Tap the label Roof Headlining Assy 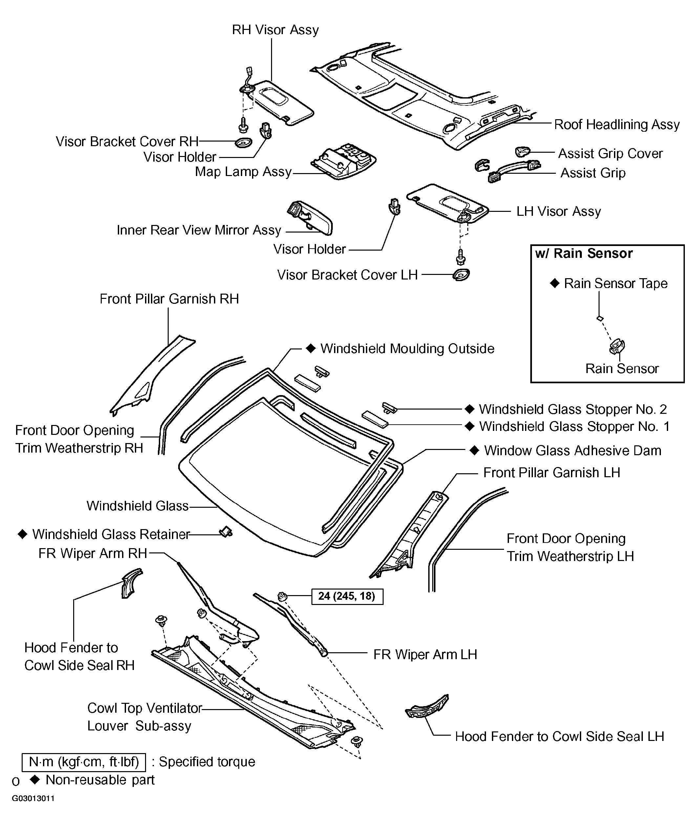tap(616, 124)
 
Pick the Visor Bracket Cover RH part tap(243, 142)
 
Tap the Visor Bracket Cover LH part tap(461, 275)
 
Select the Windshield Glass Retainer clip tap(226, 532)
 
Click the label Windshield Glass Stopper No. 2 tap(573, 409)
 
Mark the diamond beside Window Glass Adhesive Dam tap(474, 450)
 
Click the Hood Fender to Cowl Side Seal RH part tap(130, 584)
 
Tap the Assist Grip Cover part tap(522, 151)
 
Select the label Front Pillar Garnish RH tap(169, 299)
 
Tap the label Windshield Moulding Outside tap(407, 349)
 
